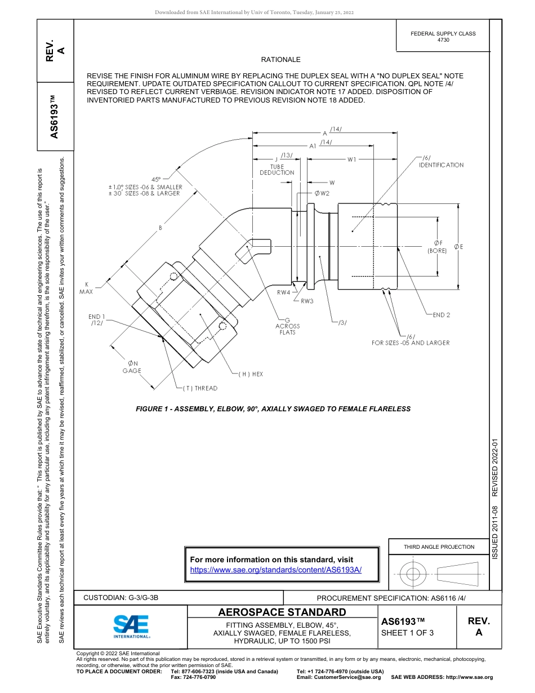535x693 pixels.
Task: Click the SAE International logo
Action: tap(131, 626)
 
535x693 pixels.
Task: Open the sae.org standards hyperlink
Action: tap(275, 570)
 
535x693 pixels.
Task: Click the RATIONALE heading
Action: tap(280, 59)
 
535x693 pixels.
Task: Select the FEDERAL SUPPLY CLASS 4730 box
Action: tap(443, 37)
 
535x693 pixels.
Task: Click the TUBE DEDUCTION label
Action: tap(277, 170)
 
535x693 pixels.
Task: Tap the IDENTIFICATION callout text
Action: tap(441, 165)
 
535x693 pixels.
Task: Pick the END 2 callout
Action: tap(441, 315)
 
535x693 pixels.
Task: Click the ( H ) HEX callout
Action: tap(250, 374)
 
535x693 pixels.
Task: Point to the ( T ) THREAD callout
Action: tap(200, 388)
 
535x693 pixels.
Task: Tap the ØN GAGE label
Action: tap(132, 367)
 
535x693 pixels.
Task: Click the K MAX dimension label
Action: tap(86, 288)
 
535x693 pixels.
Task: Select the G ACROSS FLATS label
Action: tap(287, 326)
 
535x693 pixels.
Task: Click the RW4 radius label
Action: tap(283, 292)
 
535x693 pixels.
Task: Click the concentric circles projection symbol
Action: tap(413, 574)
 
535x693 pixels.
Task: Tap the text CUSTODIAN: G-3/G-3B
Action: tap(125, 598)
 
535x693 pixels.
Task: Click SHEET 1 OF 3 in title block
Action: tap(408, 632)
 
